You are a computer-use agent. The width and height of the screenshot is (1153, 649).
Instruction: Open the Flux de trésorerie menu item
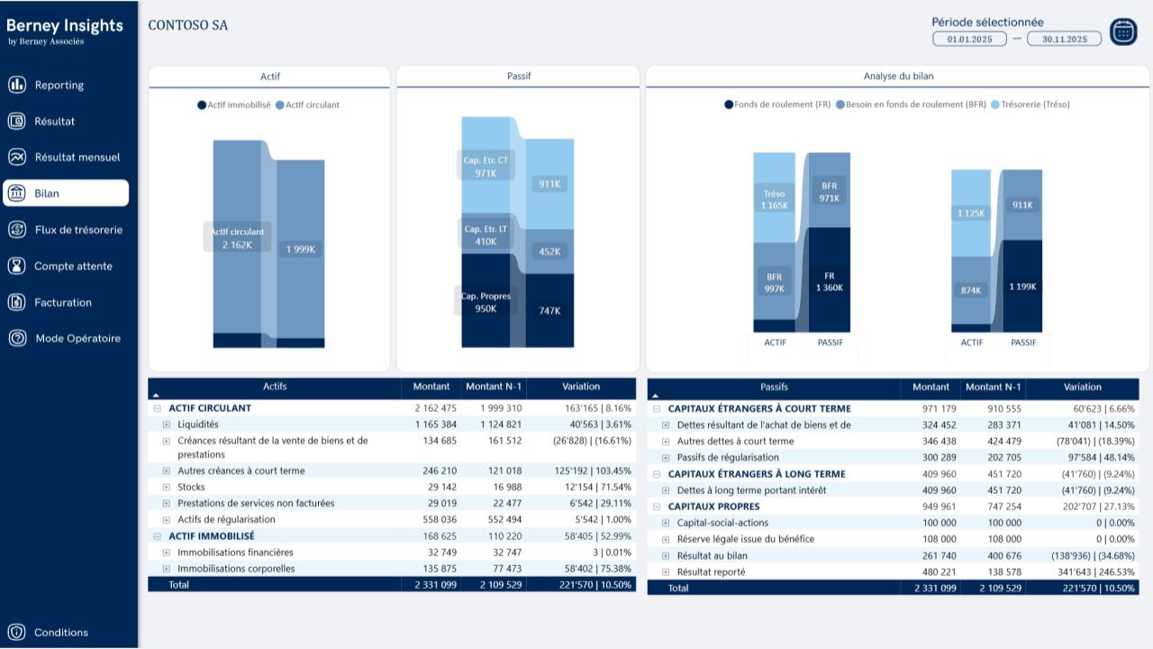pos(77,230)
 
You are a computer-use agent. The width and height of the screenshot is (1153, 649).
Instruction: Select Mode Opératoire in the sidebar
pos(77,339)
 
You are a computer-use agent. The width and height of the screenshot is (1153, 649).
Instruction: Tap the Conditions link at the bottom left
pos(60,633)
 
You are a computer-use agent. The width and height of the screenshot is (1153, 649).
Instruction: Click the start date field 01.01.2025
pos(969,39)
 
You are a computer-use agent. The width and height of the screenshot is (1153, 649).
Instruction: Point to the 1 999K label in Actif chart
pos(300,250)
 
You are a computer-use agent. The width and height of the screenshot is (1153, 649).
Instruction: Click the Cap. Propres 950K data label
pos(486,303)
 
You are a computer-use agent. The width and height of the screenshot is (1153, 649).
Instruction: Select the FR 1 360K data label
pos(829,282)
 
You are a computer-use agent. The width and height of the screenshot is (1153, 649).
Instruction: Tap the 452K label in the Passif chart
pos(549,252)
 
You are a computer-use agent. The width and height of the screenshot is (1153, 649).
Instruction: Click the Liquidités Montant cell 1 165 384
pos(435,425)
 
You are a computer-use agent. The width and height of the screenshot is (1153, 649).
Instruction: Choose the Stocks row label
pos(191,487)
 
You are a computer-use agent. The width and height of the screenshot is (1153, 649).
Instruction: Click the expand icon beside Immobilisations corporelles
pos(167,569)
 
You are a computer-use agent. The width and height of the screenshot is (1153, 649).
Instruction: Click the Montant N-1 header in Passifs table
pos(993,388)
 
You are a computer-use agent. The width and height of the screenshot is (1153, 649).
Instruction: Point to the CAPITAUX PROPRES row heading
pos(713,507)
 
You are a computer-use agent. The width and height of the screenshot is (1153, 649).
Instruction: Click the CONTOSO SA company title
pos(187,25)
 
